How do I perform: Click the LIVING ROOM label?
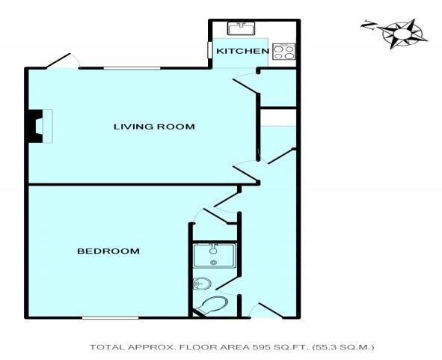coord(154,126)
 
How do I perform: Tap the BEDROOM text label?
coord(108,251)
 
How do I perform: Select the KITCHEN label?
coord(242,51)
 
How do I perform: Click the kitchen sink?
coord(242,28)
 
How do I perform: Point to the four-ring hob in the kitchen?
coord(283,52)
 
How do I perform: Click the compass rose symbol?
coord(402,32)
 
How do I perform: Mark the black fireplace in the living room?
coord(35,126)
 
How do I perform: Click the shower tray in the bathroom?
coord(215,255)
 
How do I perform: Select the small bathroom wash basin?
coord(200,284)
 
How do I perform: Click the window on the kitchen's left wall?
coord(209,50)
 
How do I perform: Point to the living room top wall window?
coord(132,69)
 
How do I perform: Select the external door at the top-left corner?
coord(61,60)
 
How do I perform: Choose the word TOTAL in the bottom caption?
coord(105,347)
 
